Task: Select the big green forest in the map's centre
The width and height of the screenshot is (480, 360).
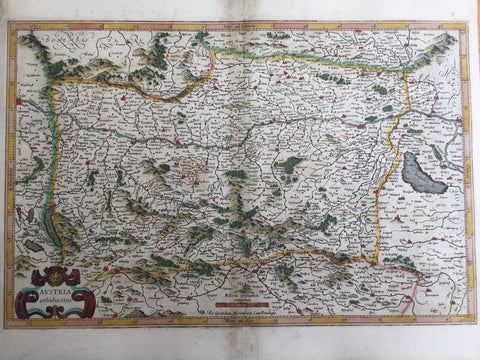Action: (290, 165)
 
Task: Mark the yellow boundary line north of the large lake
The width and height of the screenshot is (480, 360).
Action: (400, 110)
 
